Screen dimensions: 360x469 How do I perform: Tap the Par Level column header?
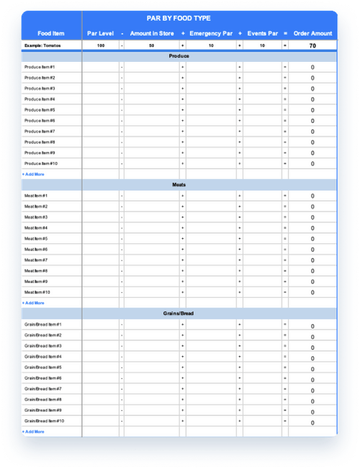tap(101, 33)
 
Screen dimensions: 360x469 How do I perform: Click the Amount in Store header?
tap(152, 33)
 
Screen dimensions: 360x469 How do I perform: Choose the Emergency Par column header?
tap(211, 33)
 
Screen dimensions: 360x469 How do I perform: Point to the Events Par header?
tap(262, 33)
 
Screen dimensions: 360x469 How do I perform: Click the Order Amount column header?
tap(312, 33)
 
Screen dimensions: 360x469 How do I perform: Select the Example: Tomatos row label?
tap(45, 45)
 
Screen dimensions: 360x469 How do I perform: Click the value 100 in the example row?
tap(101, 45)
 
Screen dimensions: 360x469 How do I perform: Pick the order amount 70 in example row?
tap(312, 45)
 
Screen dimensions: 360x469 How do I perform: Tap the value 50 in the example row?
tap(151, 45)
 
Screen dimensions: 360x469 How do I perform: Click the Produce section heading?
tap(179, 56)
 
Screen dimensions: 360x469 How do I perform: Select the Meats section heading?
tap(179, 185)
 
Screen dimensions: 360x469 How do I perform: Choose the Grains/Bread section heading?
tap(179, 314)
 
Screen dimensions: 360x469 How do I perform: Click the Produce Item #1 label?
tap(40, 67)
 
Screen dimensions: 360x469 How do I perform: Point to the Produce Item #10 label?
tap(41, 163)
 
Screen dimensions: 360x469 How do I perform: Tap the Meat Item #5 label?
tap(36, 239)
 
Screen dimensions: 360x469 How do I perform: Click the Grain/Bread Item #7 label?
tap(43, 388)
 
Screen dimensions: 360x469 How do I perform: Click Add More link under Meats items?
tap(33, 303)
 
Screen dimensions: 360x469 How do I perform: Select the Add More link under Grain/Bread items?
tap(33, 432)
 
